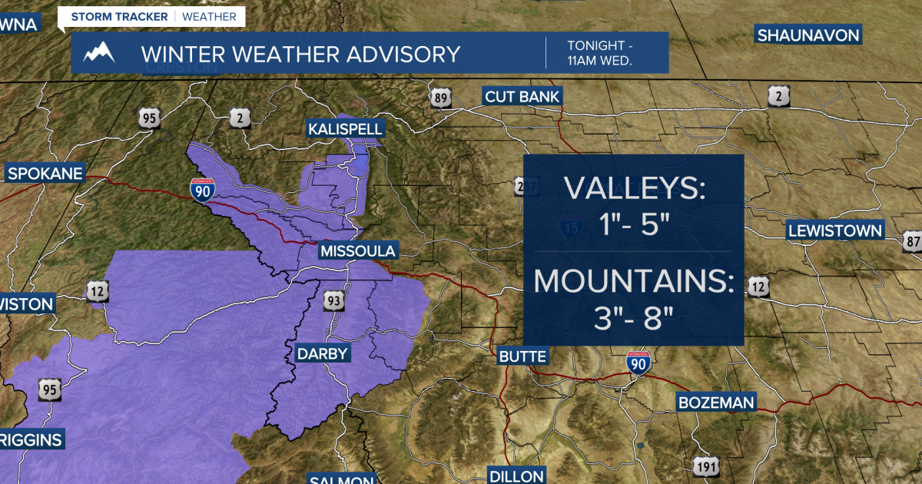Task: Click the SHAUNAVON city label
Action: (x=808, y=35)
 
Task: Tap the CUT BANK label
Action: (x=522, y=96)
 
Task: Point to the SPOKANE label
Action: (x=45, y=174)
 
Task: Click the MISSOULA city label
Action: (x=358, y=251)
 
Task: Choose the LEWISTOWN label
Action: (x=835, y=230)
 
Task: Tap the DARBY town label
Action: (x=323, y=353)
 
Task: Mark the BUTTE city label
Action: (x=522, y=356)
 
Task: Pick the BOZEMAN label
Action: (x=716, y=403)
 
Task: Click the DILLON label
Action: (x=516, y=476)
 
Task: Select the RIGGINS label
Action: (x=31, y=440)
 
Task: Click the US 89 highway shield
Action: (x=440, y=97)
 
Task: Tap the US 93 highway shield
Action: (x=334, y=300)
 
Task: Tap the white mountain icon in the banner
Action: (x=99, y=53)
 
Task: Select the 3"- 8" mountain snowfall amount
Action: (x=633, y=318)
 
